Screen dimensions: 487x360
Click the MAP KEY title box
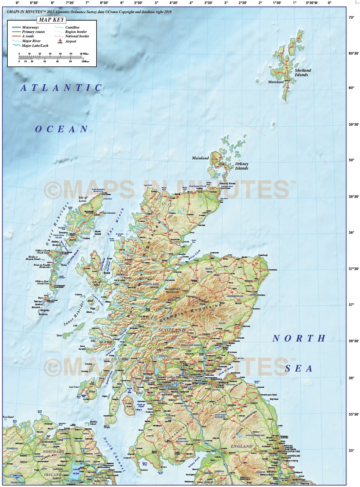(x=51, y=20)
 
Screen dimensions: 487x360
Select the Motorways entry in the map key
(x=30, y=27)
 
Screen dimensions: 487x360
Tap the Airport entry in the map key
(x=70, y=41)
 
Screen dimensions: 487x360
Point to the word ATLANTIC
(x=61, y=88)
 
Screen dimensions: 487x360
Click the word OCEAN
(x=61, y=129)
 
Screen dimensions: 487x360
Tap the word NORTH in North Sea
(x=299, y=338)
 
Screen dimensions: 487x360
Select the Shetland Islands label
(x=303, y=73)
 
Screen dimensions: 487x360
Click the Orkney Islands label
(x=241, y=166)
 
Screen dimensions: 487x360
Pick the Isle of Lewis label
(x=83, y=199)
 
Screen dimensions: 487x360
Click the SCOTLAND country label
(x=172, y=330)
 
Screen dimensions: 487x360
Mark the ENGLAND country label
(x=241, y=446)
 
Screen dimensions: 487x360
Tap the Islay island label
(x=92, y=391)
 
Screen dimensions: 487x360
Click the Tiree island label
(x=59, y=335)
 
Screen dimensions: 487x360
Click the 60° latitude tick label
(x=351, y=88)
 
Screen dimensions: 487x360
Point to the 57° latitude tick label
(x=351, y=305)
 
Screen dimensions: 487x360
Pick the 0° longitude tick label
(x=329, y=3)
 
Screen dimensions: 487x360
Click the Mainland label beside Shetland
(x=276, y=82)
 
